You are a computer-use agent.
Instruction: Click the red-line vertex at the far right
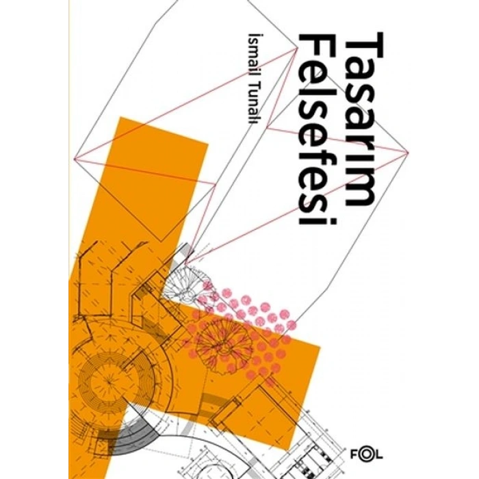point(408,151)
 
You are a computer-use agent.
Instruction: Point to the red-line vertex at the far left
point(75,159)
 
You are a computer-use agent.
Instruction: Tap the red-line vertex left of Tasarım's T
point(297,49)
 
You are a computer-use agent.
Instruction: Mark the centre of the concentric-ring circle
point(109,380)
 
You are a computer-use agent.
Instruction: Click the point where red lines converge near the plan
point(185,263)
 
